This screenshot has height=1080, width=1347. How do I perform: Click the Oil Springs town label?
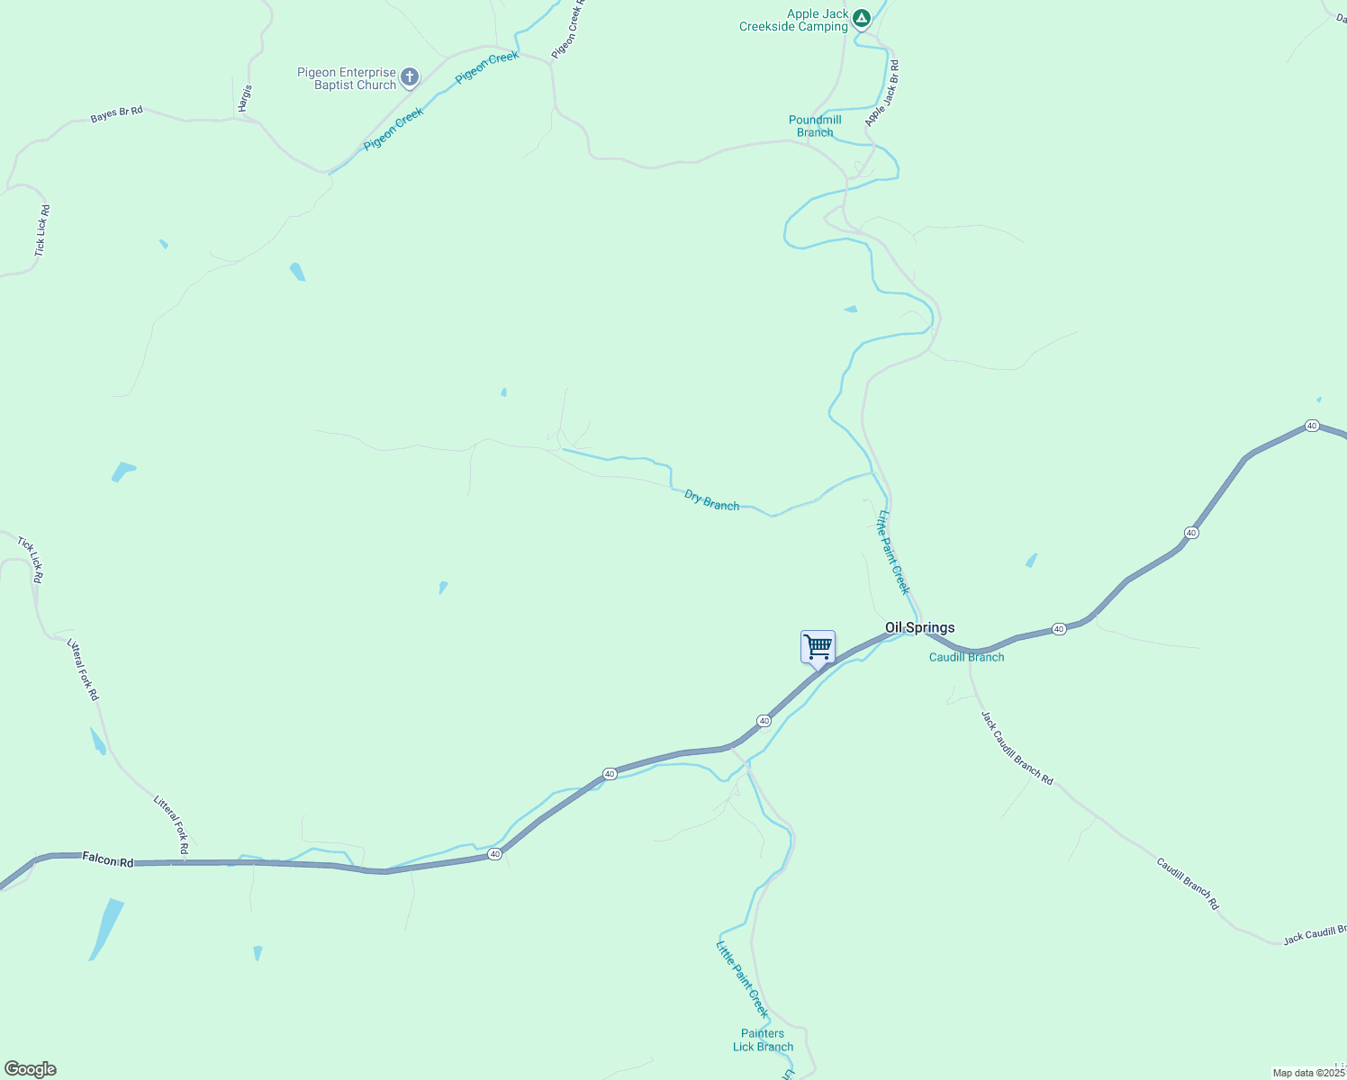[x=919, y=628]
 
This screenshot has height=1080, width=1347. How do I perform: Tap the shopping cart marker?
[x=818, y=646]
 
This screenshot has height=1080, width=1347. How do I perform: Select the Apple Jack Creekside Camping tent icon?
[x=862, y=18]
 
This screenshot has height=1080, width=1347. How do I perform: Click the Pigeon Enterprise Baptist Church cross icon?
[x=410, y=77]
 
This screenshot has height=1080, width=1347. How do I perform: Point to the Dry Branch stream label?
[x=711, y=500]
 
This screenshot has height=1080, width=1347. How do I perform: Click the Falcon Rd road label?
[x=107, y=860]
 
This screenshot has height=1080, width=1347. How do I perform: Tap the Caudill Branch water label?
[x=966, y=657]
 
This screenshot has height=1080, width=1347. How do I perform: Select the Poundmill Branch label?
[x=815, y=126]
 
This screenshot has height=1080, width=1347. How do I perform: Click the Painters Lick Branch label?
[x=763, y=1039]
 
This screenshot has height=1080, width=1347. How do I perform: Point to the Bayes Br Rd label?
[x=116, y=114]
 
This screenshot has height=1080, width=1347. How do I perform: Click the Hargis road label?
[x=245, y=98]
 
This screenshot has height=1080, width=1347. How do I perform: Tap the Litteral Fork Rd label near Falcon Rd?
[x=171, y=823]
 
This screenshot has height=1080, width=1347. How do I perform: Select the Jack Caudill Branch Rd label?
[x=1017, y=747]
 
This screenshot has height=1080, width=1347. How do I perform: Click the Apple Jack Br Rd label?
[x=882, y=94]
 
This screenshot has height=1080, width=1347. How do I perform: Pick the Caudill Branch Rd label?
[x=1187, y=883]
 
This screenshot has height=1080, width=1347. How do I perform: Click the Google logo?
[x=30, y=1069]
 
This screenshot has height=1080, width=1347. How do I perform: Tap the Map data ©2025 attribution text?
[x=1307, y=1073]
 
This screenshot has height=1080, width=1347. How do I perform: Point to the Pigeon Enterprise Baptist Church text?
[x=347, y=78]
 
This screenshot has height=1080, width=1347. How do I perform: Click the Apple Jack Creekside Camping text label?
[x=793, y=20]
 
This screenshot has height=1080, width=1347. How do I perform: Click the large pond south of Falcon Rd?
[x=106, y=928]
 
